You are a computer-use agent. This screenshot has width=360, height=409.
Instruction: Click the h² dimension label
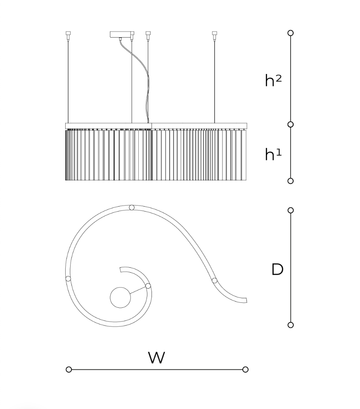pos(273,80)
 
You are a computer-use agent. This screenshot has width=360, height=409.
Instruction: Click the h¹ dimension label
pos(273,154)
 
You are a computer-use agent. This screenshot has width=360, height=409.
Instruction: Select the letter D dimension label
pos(277,269)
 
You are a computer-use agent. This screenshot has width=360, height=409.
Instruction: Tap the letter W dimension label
pos(156,358)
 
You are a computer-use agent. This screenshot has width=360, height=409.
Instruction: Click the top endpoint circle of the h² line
pos(290,33)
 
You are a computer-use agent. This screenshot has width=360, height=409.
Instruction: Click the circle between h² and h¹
pos(290,124)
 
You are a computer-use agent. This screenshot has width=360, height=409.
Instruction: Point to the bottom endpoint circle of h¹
pos(290,181)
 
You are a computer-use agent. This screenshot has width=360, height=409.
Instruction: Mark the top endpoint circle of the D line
pos(290,210)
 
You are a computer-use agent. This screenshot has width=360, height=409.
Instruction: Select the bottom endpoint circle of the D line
pos(290,325)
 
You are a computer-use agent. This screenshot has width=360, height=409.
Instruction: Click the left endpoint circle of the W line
pos(69,369)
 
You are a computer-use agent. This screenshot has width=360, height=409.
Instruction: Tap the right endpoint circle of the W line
pos(245,369)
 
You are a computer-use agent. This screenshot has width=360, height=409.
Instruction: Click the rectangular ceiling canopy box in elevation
pos(121,34)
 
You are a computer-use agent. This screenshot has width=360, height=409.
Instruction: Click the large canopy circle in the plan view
pos(120,297)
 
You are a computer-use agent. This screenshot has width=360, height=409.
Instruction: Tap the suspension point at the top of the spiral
pos(132,207)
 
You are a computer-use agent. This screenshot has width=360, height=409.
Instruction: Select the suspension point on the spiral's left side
pos(68,278)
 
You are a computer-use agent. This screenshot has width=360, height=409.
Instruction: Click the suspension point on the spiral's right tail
pos(214,281)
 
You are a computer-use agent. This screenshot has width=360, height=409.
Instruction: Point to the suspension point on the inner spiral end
pos(148,286)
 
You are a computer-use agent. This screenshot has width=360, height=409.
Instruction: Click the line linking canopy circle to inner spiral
pos(138,290)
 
